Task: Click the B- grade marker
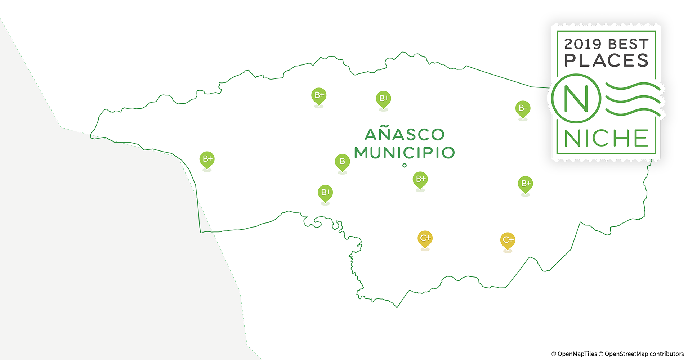pos(523,108)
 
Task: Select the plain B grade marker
pos(342,162)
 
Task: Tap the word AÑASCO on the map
pos(405,135)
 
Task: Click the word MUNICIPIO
pos(405,153)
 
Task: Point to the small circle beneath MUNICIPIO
pos(405,166)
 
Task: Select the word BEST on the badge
pos(628,44)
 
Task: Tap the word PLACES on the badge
pos(606,60)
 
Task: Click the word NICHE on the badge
pos(606,138)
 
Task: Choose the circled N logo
pos(576,98)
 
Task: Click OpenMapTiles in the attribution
pos(577,354)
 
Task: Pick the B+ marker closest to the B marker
pos(325,193)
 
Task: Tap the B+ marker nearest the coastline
pos(207,159)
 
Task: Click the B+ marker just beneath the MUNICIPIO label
pos(420,179)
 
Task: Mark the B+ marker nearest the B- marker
pos(525,184)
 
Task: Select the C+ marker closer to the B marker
pos(425,238)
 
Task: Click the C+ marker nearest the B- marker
pos(508,240)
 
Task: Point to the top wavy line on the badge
pos(633,86)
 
